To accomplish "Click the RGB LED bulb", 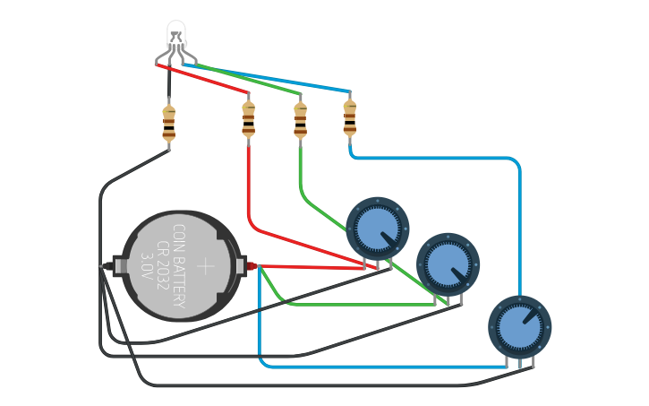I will pos(176,36).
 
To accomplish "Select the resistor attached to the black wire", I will pos(168,123).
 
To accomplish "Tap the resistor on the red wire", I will pos(248,119).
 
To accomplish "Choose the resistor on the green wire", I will pos(300,119).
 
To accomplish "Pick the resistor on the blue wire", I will pos(350,117).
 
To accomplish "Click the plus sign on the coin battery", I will pos(206,265).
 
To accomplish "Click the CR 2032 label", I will pos(163,265).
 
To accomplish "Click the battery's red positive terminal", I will pos(251,265).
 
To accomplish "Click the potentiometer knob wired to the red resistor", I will pos(377,229).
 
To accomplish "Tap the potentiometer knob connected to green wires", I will pos(448,263).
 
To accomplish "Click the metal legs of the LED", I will pos(176,57).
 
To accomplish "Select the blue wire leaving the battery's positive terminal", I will pos(259,323).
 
